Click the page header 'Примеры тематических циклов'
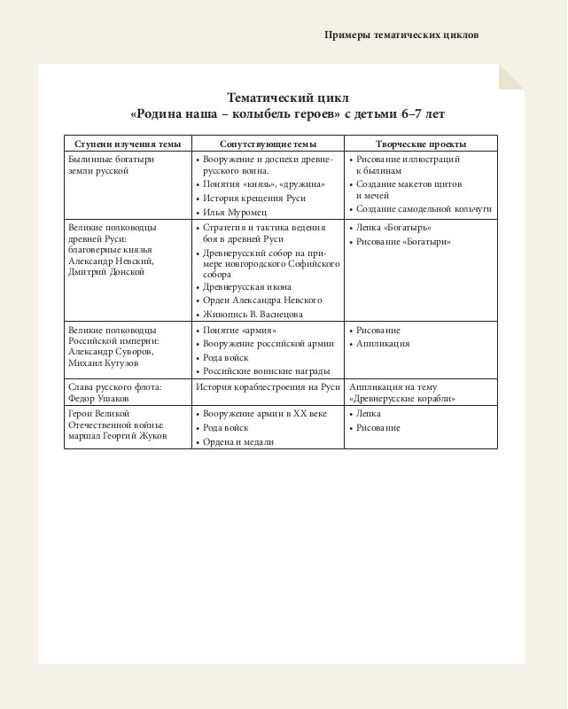[401, 35]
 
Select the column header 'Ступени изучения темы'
[128, 144]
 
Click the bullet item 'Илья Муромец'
[235, 213]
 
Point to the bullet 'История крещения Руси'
[254, 199]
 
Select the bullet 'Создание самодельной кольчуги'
[424, 210]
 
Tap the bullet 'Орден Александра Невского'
[262, 300]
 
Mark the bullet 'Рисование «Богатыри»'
[403, 242]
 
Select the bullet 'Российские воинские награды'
[267, 370]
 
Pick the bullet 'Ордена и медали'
[238, 441]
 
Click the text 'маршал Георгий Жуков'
[117, 435]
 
